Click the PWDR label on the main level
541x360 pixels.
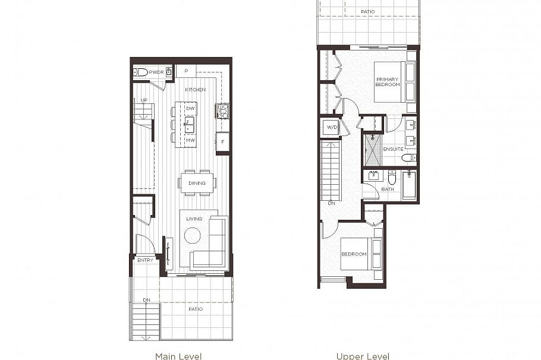pyautogui.click(x=156, y=72)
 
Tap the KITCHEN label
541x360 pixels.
pyautogui.click(x=195, y=90)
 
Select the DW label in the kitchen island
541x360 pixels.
pyautogui.click(x=190, y=109)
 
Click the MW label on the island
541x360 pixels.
pyautogui.click(x=190, y=140)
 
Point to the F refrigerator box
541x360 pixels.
pyautogui.click(x=223, y=142)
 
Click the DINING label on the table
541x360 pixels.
pyautogui.click(x=197, y=183)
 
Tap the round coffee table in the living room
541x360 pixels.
pyautogui.click(x=193, y=236)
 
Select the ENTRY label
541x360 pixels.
pyautogui.click(x=145, y=260)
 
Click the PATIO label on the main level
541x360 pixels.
pyautogui.click(x=196, y=309)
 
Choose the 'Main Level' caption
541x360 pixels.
pyautogui.click(x=178, y=356)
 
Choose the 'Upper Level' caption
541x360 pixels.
pyautogui.click(x=363, y=356)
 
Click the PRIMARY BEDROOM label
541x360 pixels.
pyautogui.click(x=387, y=81)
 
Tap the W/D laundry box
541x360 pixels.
pyautogui.click(x=330, y=127)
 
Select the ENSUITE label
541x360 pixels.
pyautogui.click(x=393, y=149)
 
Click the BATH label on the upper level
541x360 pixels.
pyautogui.click(x=388, y=190)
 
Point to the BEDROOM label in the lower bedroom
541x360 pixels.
pyautogui.click(x=354, y=254)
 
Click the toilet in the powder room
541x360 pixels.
pyautogui.click(x=140, y=72)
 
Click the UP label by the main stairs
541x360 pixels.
pyautogui.click(x=144, y=100)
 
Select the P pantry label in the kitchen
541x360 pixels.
pyautogui.click(x=186, y=71)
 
